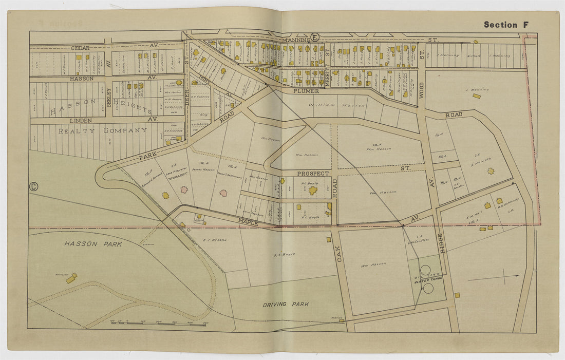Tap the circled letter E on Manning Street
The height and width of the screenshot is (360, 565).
click(314, 37)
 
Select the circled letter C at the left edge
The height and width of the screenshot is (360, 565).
click(34, 187)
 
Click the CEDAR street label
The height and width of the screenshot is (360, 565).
click(80, 48)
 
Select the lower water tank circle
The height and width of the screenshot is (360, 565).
click(428, 288)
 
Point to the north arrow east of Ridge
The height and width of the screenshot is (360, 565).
click(494, 278)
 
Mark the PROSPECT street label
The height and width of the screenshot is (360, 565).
click(312, 174)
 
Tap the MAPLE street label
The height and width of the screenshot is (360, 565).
click(248, 222)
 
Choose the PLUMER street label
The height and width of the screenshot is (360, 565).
click(307, 91)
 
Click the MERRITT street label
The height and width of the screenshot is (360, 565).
click(326, 60)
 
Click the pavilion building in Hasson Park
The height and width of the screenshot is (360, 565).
click(71, 278)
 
